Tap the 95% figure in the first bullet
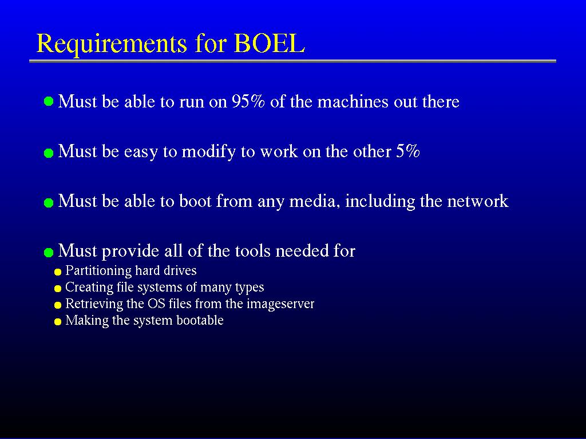pos(248,101)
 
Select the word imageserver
pos(280,304)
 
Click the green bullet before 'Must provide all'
pos(49,253)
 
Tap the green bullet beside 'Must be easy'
pos(49,153)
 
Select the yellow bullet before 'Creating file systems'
pos(58,289)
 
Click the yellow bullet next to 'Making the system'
pos(58,322)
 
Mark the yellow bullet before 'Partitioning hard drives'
pos(58,272)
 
